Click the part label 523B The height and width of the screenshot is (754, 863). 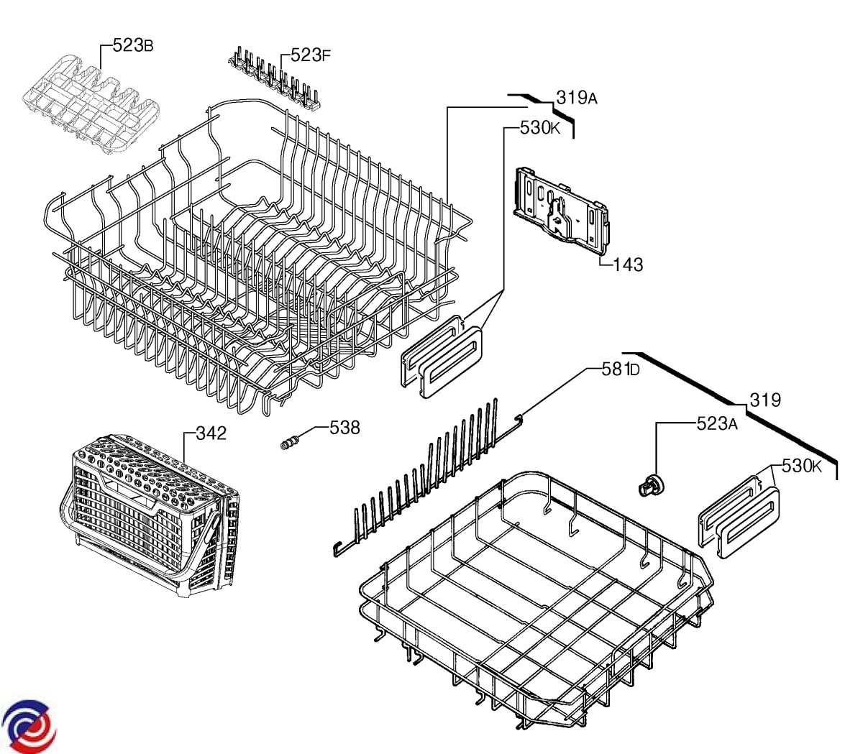[133, 46]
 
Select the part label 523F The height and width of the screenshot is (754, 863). [311, 55]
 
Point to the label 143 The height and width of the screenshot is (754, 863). [628, 265]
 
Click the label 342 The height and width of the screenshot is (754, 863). [211, 433]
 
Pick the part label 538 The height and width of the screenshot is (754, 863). [344, 427]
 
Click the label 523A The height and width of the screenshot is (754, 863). [717, 424]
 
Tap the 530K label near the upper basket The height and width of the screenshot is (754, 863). [540, 129]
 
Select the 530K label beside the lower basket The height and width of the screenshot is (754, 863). [801, 466]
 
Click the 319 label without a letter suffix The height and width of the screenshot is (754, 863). [765, 400]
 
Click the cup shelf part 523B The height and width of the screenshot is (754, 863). [90, 104]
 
